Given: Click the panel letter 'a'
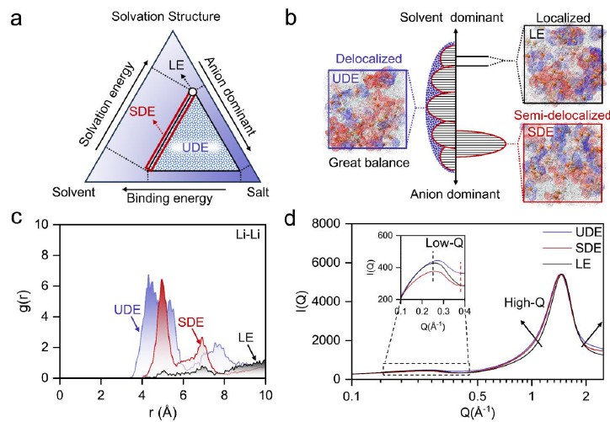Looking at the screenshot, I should coord(14,16).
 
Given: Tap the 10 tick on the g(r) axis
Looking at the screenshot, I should coord(40,226).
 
